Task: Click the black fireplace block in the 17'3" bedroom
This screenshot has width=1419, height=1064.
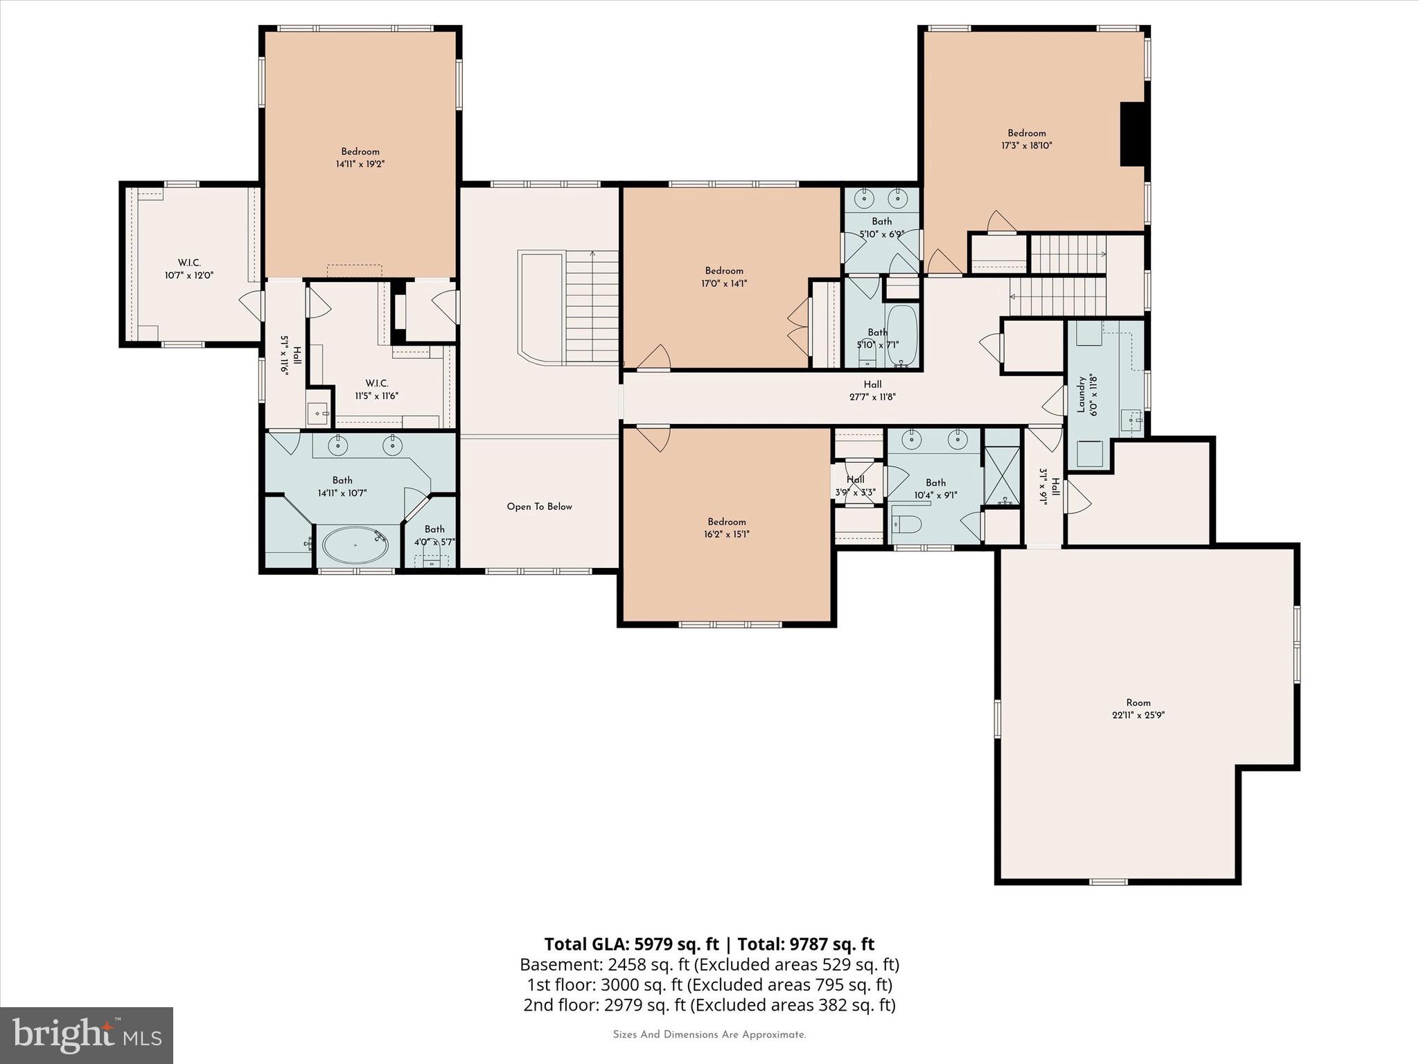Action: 1132,134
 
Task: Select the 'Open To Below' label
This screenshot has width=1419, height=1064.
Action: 539,506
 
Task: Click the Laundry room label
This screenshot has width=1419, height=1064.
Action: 1080,395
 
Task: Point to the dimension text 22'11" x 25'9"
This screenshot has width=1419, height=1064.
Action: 1138,716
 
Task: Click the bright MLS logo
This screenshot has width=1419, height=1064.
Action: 86,1035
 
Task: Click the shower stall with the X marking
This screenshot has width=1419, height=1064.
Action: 1002,475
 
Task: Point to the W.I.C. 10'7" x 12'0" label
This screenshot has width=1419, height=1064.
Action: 188,269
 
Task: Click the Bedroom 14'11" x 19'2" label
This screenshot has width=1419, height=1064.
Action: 360,158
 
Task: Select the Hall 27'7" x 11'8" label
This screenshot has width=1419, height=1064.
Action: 872,391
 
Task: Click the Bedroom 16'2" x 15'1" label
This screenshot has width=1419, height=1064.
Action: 726,528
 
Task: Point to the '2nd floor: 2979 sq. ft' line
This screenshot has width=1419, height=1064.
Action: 709,1004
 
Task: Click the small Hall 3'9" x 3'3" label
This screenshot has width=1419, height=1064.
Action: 855,486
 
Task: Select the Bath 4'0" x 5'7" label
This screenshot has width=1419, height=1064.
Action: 434,535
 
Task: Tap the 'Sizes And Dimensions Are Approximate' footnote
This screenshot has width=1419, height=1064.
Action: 709,1035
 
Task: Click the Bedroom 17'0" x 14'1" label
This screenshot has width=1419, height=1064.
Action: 724,277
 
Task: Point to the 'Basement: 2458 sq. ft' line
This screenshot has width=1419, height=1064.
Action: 709,964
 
